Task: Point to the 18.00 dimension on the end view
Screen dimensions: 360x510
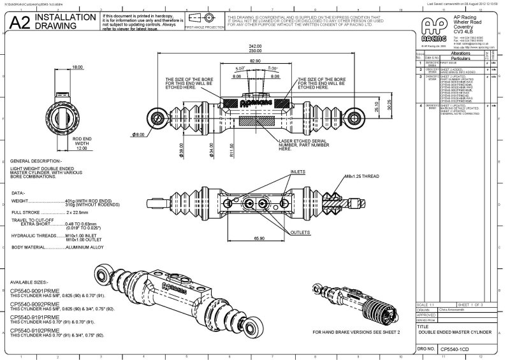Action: (77, 67)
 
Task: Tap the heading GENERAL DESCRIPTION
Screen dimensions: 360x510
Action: (36, 161)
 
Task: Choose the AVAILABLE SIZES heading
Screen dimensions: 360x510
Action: (30, 281)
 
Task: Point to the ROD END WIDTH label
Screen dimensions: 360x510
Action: (77, 142)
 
